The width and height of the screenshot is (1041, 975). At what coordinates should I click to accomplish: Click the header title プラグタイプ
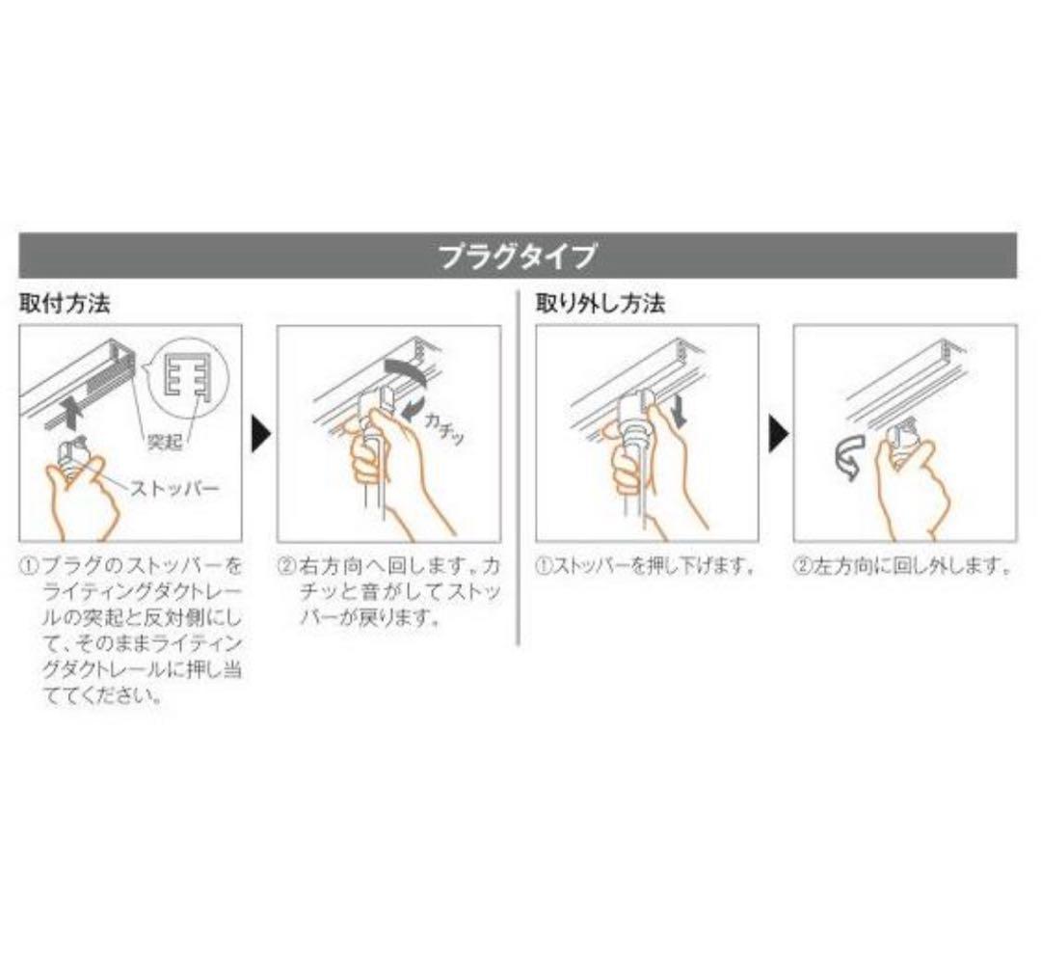(518, 256)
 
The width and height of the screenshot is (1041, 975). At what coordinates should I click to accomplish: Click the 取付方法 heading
(65, 304)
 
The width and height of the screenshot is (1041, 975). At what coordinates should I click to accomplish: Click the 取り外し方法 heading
(601, 304)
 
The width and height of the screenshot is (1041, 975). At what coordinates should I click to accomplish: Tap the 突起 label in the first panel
(164, 441)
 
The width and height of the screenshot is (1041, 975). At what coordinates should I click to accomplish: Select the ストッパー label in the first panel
(173, 489)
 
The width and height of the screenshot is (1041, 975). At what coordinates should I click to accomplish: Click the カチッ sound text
(442, 428)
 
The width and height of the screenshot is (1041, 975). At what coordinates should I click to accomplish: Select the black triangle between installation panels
(261, 435)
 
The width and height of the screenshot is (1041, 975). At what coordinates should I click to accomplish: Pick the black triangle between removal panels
(778, 435)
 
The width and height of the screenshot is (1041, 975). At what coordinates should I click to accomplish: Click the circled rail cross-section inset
(189, 379)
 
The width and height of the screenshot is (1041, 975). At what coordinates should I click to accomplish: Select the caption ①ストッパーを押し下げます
(645, 566)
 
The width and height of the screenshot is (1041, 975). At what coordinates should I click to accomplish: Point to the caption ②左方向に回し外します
(902, 566)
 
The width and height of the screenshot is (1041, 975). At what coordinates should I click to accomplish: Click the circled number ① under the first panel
(28, 566)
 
